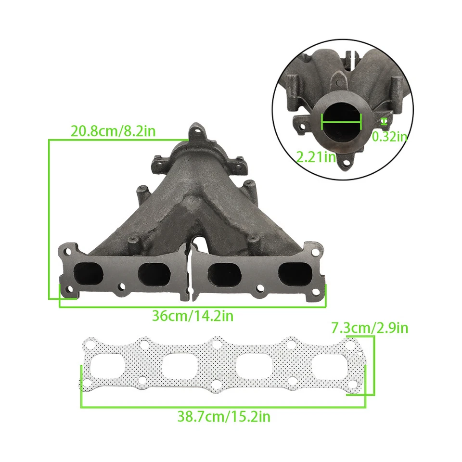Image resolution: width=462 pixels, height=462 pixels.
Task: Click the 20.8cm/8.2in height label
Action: tap(113, 131)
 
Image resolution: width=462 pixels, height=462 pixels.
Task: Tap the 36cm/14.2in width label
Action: tap(192, 316)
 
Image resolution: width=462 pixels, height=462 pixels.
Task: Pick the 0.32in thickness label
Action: tap(389, 137)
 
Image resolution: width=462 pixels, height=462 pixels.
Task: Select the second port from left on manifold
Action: tap(154, 274)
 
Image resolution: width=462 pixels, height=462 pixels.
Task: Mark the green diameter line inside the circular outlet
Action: tap(341, 122)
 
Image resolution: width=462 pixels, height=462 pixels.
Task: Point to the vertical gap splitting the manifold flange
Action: tap(189, 272)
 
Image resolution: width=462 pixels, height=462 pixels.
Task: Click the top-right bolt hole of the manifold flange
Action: tap(315, 253)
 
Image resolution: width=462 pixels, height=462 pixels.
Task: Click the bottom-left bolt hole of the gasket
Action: tap(87, 384)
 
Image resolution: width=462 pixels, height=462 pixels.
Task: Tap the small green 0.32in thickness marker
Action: tap(384, 121)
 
